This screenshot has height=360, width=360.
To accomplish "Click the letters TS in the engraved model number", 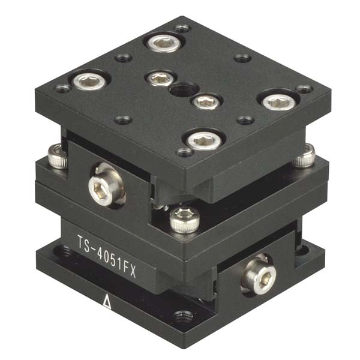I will (85, 244).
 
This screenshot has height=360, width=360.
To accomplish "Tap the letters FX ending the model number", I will (129, 272).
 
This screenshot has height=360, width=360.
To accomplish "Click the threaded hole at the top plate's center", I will (178, 91).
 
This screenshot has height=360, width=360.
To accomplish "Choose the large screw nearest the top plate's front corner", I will (199, 140).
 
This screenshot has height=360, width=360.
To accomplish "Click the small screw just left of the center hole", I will (158, 78).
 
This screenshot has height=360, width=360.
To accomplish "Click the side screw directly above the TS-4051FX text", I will (100, 188).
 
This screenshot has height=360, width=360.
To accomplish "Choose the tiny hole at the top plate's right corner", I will (304, 89).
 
